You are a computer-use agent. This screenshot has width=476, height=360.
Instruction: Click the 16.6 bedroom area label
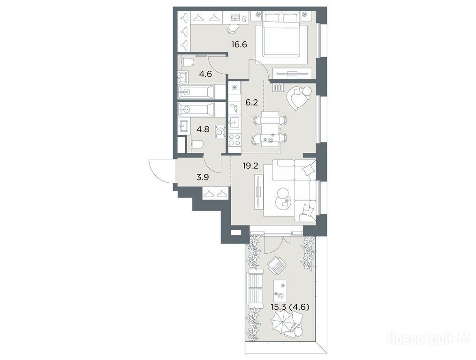tap(239, 45)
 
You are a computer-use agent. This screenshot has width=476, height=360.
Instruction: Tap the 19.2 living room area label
tap(250, 166)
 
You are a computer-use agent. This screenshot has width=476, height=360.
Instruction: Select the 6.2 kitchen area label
tap(251, 103)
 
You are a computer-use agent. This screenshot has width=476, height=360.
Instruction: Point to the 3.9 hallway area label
tap(203, 177)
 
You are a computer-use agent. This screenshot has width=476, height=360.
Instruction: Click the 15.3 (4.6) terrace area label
tap(290, 307)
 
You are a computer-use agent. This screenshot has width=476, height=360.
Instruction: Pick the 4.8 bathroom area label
tap(203, 130)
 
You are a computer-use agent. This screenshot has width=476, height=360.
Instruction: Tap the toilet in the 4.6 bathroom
tap(188, 62)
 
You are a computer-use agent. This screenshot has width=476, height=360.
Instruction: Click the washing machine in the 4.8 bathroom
tap(221, 131)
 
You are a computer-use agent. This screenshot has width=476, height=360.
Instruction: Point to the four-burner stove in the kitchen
tap(234, 140)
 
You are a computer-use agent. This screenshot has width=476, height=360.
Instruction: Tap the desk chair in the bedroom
tap(233, 28)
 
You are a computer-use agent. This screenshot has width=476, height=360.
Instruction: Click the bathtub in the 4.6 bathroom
tap(196, 92)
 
